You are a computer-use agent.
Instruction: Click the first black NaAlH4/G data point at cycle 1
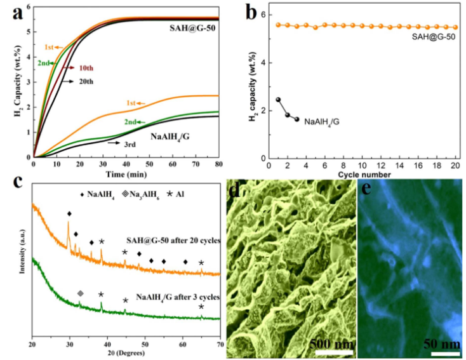[x=278, y=100]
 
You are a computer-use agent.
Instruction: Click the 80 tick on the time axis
[x=218, y=164]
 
